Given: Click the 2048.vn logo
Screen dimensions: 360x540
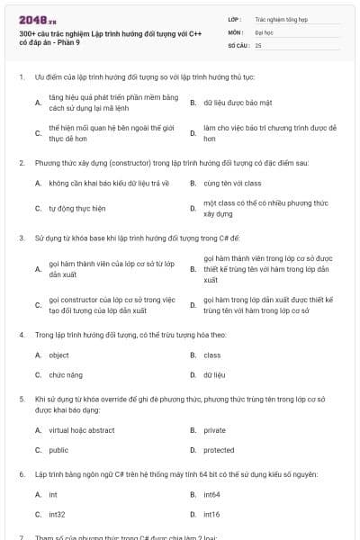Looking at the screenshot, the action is coord(32,19).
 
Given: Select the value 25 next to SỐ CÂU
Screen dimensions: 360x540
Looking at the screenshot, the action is coord(258,44).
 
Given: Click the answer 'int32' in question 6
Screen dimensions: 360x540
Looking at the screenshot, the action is coord(58,514).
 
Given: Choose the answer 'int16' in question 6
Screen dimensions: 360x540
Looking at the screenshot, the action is coord(211,514).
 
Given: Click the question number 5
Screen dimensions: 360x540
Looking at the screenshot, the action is coord(21,397).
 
